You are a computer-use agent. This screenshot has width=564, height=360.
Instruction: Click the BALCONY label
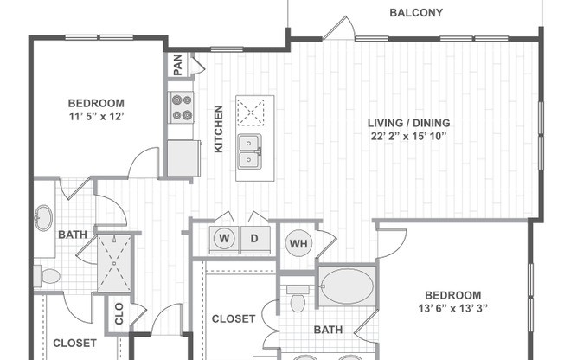416,13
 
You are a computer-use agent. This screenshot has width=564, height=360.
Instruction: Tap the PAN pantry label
178,65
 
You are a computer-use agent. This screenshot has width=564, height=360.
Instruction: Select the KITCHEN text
218,129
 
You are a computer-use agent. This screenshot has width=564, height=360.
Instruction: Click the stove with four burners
182,107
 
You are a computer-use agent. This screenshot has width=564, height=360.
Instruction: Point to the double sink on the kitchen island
249,151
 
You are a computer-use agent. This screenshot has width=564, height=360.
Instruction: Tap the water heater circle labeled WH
298,243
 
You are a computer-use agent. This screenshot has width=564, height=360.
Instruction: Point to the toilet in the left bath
48,276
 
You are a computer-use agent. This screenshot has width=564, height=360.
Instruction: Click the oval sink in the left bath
44,218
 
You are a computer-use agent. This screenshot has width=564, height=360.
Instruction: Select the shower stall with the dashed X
114,263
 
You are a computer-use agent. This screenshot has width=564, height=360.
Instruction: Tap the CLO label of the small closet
119,313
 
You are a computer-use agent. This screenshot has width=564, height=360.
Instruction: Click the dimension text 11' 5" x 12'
97,117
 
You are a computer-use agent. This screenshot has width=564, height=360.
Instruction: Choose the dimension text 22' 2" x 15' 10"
409,137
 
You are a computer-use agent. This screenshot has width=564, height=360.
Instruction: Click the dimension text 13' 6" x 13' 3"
453,309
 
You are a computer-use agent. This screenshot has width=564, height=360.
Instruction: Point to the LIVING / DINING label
409,123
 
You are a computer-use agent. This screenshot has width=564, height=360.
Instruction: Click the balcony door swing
340,28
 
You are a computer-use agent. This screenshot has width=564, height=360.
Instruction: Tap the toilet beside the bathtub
298,299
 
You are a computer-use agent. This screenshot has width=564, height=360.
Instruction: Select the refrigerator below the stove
183,158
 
